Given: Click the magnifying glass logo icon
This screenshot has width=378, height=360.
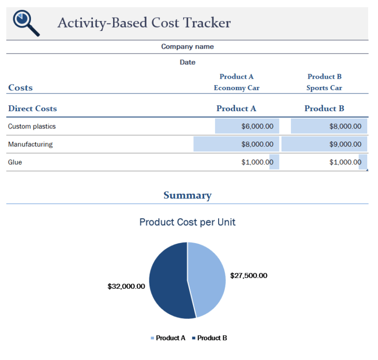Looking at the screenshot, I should (x=26, y=23).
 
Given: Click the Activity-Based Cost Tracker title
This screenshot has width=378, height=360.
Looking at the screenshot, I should (x=144, y=23).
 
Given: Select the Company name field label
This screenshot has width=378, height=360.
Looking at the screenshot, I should (x=188, y=47).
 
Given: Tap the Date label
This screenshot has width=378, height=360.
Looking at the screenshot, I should (x=188, y=62).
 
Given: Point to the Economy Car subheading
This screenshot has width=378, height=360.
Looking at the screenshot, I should (x=236, y=88).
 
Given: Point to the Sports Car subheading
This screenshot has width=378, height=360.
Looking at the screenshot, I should (x=324, y=88).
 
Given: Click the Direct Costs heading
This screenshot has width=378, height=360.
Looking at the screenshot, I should (x=32, y=109).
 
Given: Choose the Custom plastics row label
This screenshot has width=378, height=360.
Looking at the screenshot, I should (x=32, y=126).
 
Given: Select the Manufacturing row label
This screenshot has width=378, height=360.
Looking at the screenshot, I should (x=31, y=144).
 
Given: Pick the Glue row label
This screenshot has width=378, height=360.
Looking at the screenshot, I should (x=15, y=162).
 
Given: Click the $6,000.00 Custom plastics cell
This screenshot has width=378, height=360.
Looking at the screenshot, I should (x=247, y=126).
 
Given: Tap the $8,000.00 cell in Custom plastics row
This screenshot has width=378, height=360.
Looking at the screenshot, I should (x=329, y=126).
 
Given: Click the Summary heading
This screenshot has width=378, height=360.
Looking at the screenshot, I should (x=188, y=195).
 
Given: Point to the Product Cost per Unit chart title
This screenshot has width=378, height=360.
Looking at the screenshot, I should (x=188, y=222).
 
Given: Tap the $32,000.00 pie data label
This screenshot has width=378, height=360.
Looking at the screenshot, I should (x=126, y=286).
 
